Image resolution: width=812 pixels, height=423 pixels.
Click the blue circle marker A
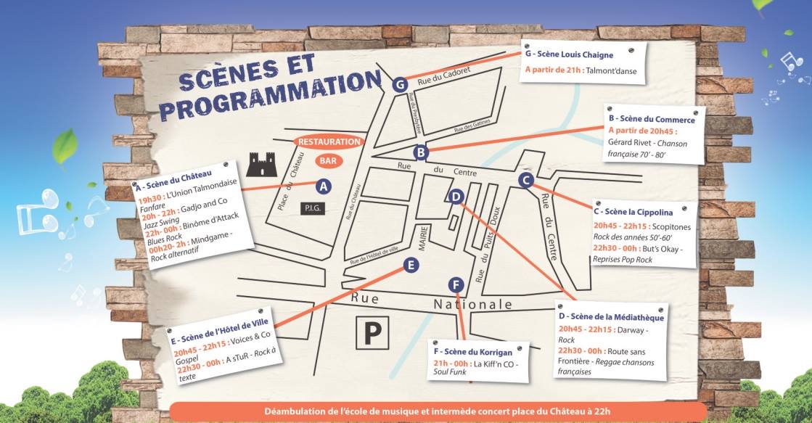[324, 186]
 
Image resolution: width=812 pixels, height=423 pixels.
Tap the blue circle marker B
[420, 152]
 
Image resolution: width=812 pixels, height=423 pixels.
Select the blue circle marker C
[527, 181]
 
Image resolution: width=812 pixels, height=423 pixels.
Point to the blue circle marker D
[456, 196]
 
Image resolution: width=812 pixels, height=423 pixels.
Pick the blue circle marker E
[411, 266]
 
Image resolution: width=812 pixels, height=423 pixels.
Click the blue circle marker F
[456, 284]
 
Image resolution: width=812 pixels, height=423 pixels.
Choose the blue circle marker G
[399, 84]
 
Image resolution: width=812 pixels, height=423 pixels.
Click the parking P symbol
[372, 333]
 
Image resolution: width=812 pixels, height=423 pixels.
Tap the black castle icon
[263, 164]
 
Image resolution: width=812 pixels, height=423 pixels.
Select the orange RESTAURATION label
[329, 142]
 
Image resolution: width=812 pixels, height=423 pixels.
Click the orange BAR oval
[328, 160]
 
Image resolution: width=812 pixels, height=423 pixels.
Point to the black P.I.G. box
[313, 209]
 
